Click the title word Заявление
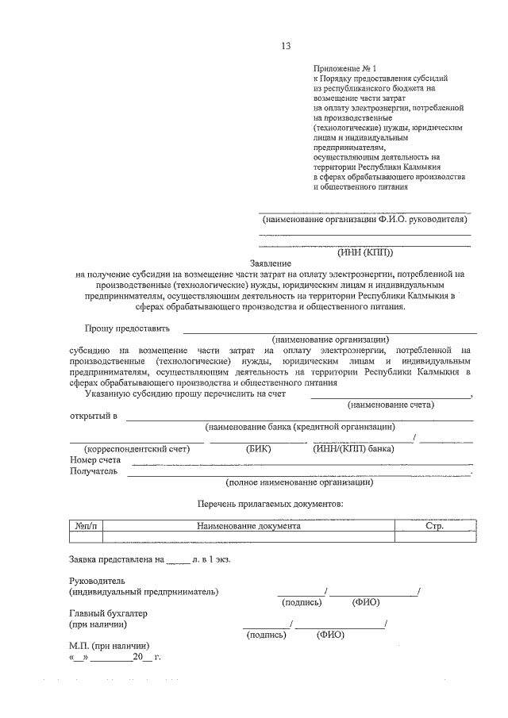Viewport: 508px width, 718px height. point(271,263)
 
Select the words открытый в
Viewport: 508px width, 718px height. point(93,416)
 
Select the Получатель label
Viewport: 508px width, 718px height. point(94,471)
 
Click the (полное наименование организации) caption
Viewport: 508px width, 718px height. point(299,482)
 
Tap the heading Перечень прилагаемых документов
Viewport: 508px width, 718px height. point(270,504)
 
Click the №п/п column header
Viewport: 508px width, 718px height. point(86,526)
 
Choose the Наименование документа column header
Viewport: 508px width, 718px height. point(248,526)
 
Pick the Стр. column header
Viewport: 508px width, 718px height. point(434,526)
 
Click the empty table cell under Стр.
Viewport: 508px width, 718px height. point(434,537)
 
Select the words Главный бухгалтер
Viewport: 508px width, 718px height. point(109,613)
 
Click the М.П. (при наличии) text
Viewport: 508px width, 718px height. point(109,645)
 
